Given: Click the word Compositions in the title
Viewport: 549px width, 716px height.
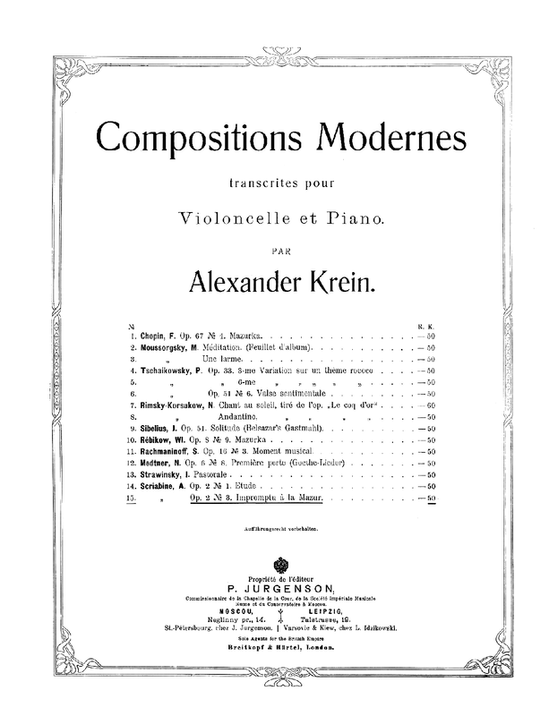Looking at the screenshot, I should click(191, 136).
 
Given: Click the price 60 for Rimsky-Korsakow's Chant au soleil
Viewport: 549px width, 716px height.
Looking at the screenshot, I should click(430, 405).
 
